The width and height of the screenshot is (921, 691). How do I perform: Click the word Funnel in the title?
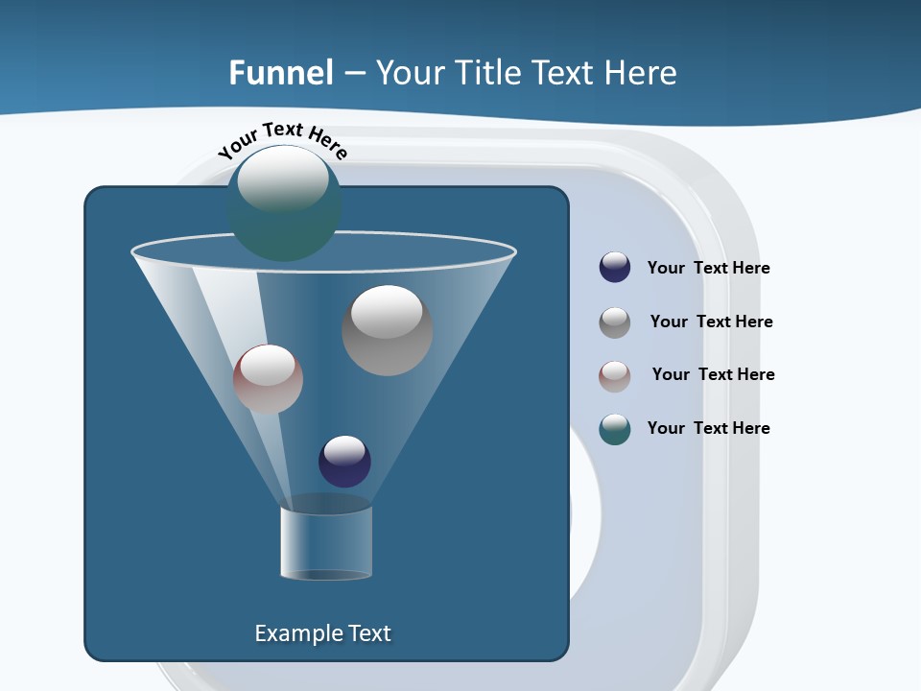coord(281,73)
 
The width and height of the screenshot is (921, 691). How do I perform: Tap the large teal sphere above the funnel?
coord(284,204)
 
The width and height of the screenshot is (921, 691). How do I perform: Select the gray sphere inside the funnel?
coord(387,330)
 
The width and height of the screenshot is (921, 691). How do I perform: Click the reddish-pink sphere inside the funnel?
coord(268,379)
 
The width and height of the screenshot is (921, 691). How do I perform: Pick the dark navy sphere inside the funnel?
coord(344,462)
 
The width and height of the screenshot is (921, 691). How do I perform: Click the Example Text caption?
coord(322,633)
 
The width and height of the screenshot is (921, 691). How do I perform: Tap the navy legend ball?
coord(615,268)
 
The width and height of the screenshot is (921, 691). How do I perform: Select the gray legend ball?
coord(615,322)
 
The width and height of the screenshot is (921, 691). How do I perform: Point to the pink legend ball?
coord(615,376)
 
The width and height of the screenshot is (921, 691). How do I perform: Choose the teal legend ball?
coord(615,429)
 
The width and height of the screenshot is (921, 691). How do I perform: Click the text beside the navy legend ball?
coord(708,269)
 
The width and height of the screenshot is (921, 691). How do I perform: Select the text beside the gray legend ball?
coord(711,322)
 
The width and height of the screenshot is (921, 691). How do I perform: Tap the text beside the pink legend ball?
coord(713,375)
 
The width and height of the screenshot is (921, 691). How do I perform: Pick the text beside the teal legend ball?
coord(708,429)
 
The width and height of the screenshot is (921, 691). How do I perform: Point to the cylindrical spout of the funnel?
coord(326,542)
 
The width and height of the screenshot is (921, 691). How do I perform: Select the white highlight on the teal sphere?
coord(282,179)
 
